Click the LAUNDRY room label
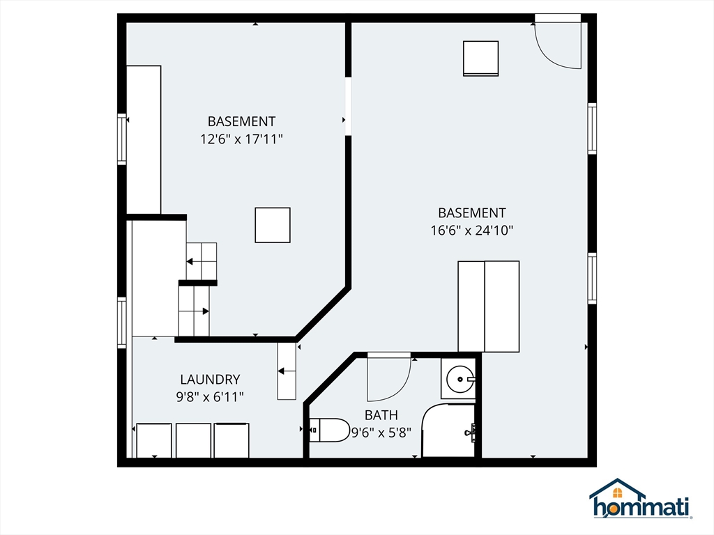click(210, 380)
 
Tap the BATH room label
click(381, 415)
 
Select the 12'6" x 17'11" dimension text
click(241, 139)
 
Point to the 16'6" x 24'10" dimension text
click(472, 230)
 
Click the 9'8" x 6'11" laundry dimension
click(210, 397)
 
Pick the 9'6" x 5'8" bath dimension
click(381, 432)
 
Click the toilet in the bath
click(329, 430)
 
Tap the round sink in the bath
click(459, 378)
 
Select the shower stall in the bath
click(448, 430)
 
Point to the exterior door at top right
click(558, 43)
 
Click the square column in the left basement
click(273, 225)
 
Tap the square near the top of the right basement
click(481, 59)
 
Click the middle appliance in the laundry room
click(194, 440)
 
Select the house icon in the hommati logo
click(618, 489)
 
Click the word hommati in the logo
click(641, 507)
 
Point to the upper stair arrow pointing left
click(195, 262)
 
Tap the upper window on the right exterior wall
click(592, 129)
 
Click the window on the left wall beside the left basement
click(121, 139)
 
